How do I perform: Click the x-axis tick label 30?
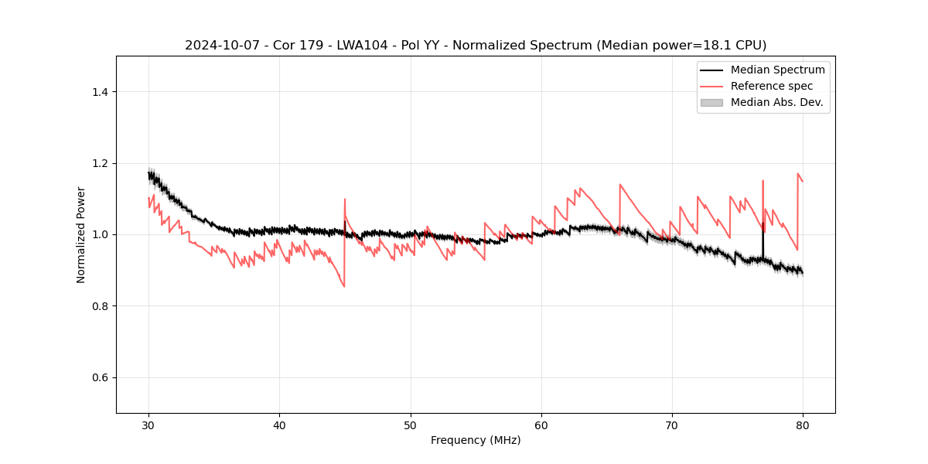tap(148, 425)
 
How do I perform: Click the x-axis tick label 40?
tap(279, 425)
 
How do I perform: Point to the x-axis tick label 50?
tap(411, 425)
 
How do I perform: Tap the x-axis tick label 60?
tap(541, 425)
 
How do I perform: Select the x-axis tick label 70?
tap(672, 425)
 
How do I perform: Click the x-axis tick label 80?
tap(803, 425)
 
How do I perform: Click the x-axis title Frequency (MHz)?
tap(476, 440)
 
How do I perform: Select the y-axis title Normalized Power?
tap(81, 234)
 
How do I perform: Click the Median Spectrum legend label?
tap(777, 70)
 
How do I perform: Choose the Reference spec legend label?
tap(772, 86)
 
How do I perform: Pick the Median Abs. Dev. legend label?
tap(776, 102)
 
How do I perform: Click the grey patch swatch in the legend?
tap(711, 102)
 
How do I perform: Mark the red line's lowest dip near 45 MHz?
tap(344, 287)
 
